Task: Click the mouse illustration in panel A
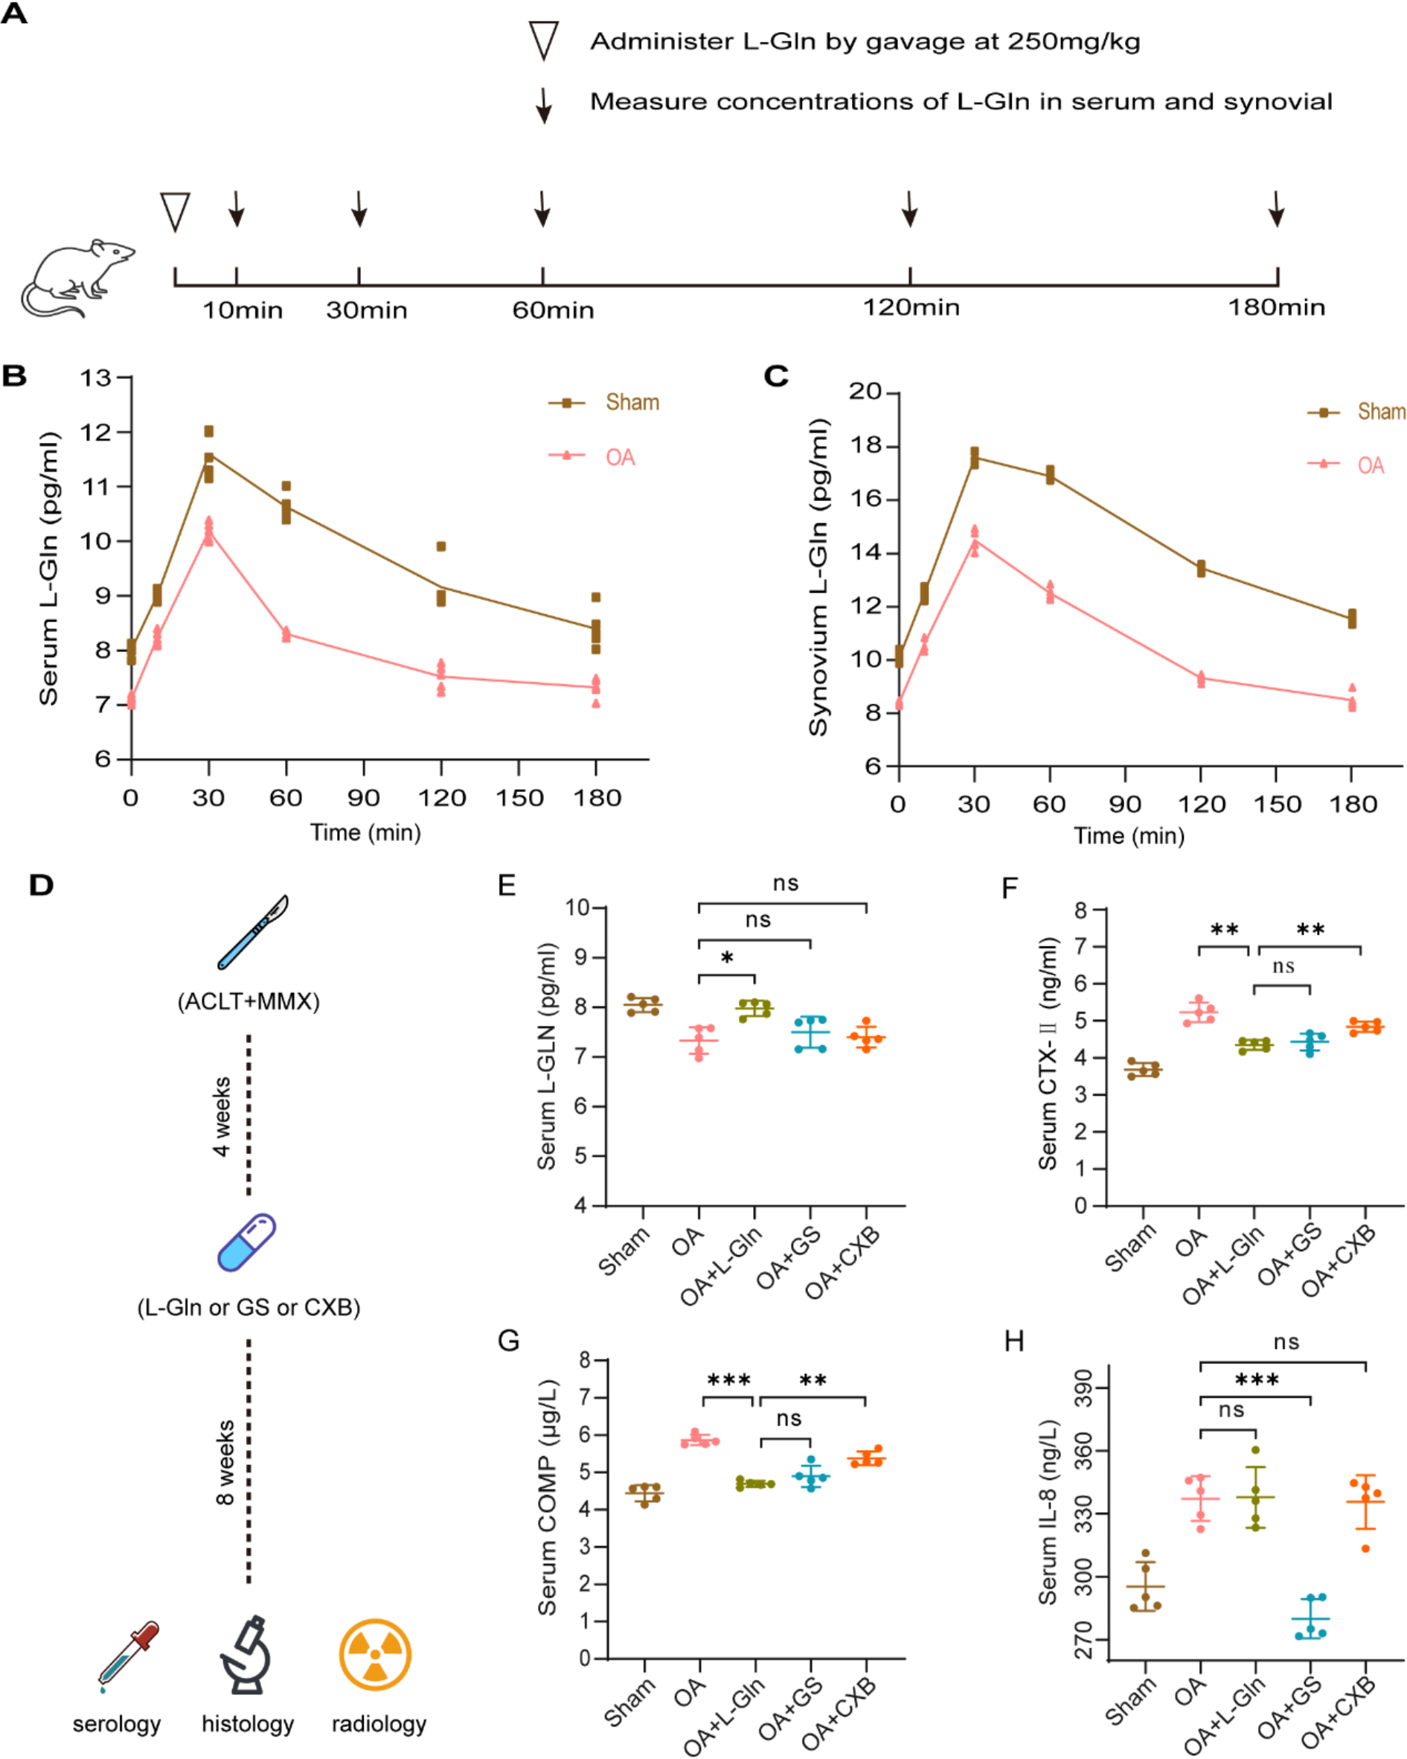[77, 278]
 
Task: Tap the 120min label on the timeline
[911, 307]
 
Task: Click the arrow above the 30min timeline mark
[359, 209]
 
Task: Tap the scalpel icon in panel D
[253, 932]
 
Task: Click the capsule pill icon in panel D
[246, 1242]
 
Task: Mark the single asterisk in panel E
[727, 958]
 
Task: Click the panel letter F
[1009, 887]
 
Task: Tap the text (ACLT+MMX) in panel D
[249, 1001]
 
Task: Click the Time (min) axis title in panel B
[365, 832]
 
